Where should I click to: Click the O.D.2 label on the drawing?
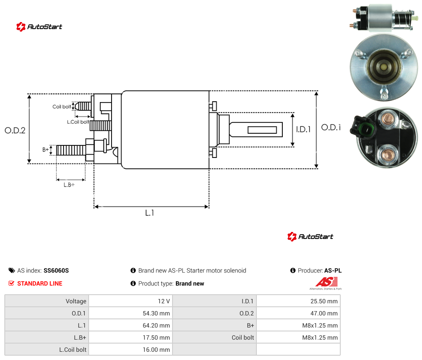point(15,130)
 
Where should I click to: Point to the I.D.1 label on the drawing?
point(304,129)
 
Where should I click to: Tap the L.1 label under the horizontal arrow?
point(150,213)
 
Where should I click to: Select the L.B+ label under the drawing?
point(69,185)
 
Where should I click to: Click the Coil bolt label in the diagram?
point(62,106)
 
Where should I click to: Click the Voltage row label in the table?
point(76,301)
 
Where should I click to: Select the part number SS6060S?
point(56,270)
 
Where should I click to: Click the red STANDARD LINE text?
point(40,283)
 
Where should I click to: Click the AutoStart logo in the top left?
point(39,27)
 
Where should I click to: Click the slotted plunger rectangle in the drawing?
point(262,130)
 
